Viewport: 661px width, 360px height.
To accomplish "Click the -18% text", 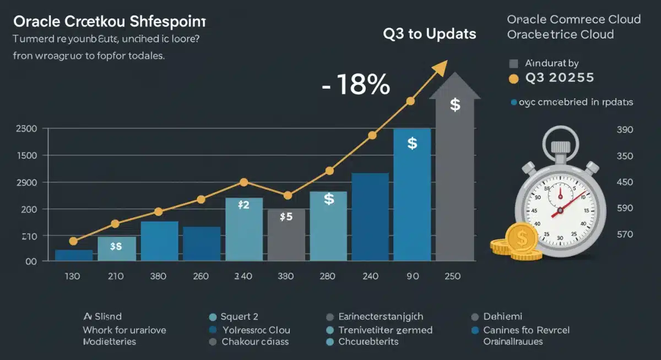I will coord(356,85).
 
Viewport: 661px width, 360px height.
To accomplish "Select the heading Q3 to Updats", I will coord(430,34).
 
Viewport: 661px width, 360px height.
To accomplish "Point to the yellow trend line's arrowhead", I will coord(440,67).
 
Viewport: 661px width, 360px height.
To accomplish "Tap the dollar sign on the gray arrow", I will coord(455,105).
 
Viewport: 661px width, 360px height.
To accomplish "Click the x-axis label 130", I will coord(72,276).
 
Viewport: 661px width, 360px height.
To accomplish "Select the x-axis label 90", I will coord(412,276).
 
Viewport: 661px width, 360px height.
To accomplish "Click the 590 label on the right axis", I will coord(626,209).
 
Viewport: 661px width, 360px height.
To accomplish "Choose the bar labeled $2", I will coord(243,228).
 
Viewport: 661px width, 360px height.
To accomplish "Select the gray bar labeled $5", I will coord(286,234).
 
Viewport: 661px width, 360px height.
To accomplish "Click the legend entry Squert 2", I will coord(239,317).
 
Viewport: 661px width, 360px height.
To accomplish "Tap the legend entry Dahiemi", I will coord(502,317).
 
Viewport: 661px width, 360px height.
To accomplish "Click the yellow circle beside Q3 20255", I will coord(513,79).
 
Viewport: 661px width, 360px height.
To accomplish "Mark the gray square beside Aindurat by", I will coord(513,63).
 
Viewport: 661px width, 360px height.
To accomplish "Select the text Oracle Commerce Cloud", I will coord(573,19).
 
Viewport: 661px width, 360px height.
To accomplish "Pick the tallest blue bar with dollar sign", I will coord(412,194).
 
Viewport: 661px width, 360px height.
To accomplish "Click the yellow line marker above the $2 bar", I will coord(244,182).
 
